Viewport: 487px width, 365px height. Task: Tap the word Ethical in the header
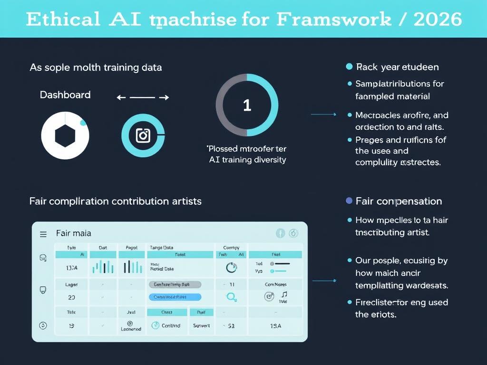[63, 19]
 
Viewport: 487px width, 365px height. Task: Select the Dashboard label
[65, 95]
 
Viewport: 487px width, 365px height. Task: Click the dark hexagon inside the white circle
[65, 136]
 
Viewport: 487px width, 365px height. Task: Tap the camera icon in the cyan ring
[143, 135]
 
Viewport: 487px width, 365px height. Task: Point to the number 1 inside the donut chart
[247, 106]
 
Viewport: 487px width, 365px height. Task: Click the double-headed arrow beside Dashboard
[143, 97]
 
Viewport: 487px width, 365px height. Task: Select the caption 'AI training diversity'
[247, 160]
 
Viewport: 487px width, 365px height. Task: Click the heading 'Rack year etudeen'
[397, 67]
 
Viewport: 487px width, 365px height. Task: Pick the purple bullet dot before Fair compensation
[349, 201]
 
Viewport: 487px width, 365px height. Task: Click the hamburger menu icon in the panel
[43, 234]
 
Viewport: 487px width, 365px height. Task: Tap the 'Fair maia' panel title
[73, 233]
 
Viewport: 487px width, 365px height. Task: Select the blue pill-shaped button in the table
[175, 297]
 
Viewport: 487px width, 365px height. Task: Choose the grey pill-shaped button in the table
[175, 285]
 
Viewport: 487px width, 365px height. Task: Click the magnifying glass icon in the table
[232, 297]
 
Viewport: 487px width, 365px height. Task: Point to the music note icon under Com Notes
[284, 295]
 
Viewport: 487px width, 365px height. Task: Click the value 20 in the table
[72, 298]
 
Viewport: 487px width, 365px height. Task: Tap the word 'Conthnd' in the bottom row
[171, 326]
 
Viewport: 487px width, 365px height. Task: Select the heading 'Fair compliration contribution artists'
[115, 201]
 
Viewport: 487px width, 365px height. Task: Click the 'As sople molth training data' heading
[96, 67]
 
